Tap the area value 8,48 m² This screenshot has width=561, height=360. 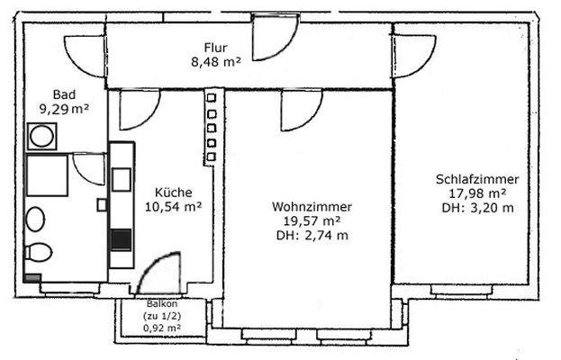[215, 62]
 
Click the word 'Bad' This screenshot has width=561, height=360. [63, 94]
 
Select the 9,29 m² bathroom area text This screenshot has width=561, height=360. [63, 108]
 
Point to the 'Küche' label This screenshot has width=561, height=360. [172, 192]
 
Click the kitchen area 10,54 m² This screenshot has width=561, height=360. [172, 206]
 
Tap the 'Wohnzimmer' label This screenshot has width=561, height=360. [312, 207]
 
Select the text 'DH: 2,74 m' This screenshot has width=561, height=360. [312, 236]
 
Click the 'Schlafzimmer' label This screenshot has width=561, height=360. [476, 179]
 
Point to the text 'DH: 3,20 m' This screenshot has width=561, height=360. [476, 208]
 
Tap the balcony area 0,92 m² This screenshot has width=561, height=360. [161, 328]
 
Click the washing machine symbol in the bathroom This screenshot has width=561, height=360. [41, 138]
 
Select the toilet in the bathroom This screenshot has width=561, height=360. [39, 253]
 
